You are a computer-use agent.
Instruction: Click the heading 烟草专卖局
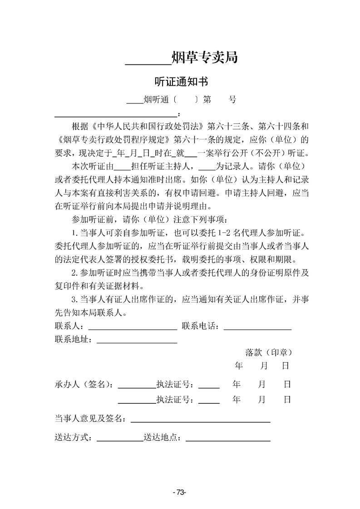[x=205, y=58]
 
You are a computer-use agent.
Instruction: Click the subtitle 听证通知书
[x=181, y=82]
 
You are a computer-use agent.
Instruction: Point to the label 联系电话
[x=200, y=326]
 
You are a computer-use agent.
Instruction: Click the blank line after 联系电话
[x=257, y=328]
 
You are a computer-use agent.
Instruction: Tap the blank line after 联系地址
[x=137, y=342]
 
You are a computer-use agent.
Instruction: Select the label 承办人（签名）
[x=84, y=384]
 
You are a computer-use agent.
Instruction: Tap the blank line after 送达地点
[x=228, y=440]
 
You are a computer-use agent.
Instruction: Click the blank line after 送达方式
[x=119, y=440]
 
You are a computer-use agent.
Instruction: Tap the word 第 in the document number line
[x=207, y=100]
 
